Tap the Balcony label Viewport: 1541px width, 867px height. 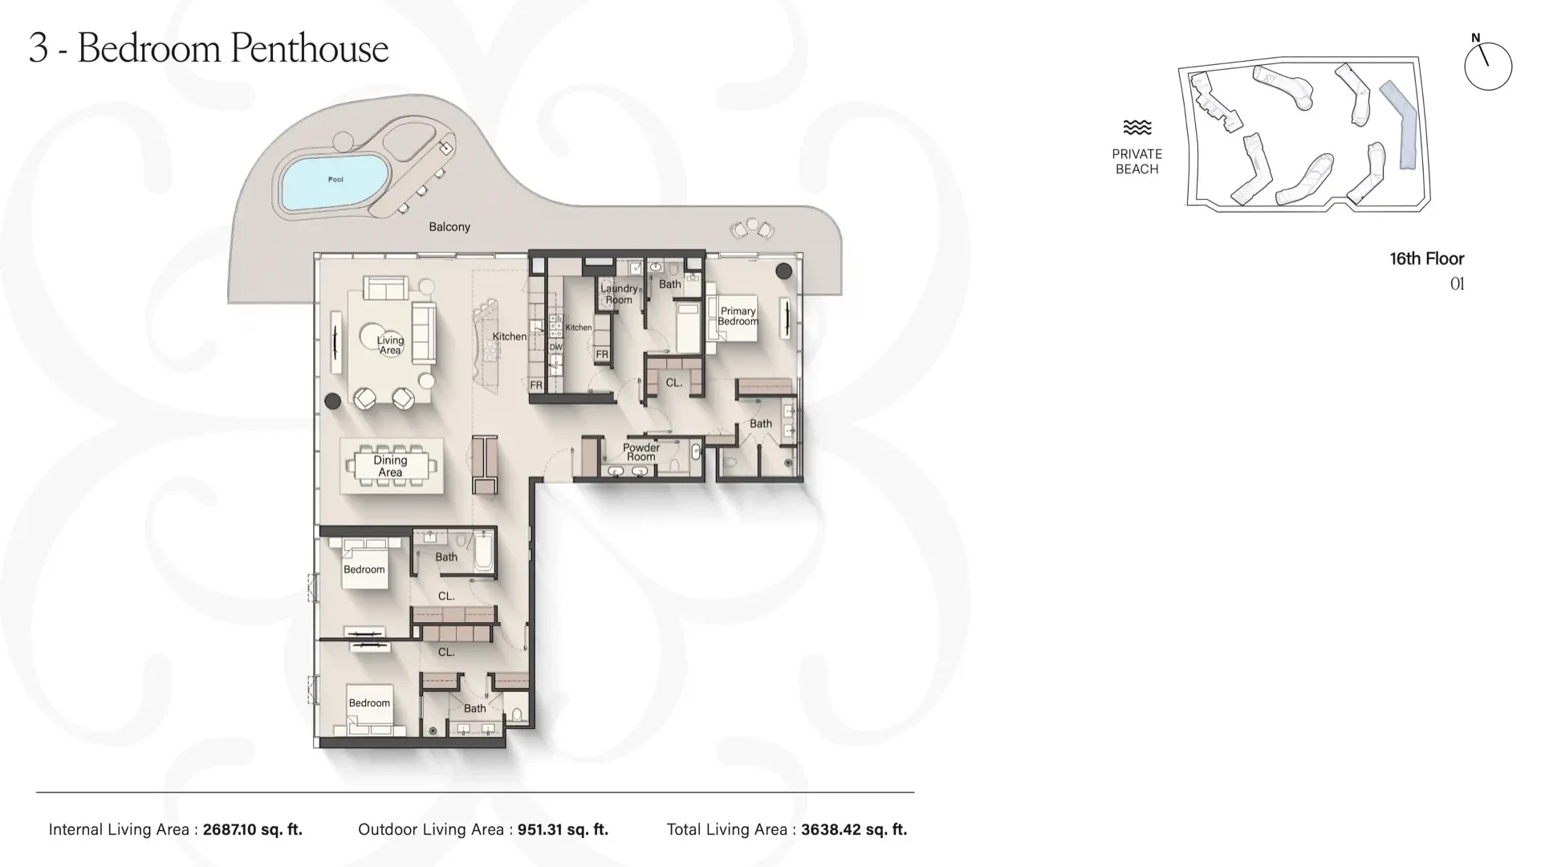tap(449, 227)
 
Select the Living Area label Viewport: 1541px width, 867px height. tap(390, 344)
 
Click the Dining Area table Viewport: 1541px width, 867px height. tap(391, 466)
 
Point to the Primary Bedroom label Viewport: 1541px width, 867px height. tap(738, 316)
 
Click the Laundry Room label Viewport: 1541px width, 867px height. tap(619, 294)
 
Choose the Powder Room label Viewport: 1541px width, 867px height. tap(641, 452)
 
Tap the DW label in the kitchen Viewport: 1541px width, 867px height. tap(555, 348)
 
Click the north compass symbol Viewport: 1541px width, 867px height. tap(1487, 64)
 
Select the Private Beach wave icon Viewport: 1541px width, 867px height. tap(1137, 127)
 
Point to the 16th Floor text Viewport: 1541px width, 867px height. tap(1427, 258)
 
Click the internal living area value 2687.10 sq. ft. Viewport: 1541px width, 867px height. tap(253, 829)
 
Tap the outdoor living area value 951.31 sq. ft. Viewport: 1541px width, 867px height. tap(563, 829)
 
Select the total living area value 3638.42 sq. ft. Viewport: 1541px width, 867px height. tap(854, 829)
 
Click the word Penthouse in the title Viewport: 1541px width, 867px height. tap(309, 48)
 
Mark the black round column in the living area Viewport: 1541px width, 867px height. tap(332, 401)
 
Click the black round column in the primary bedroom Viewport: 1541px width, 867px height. tap(784, 271)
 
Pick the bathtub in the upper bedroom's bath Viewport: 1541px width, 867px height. tap(483, 552)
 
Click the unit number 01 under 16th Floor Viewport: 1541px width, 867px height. tap(1458, 283)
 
